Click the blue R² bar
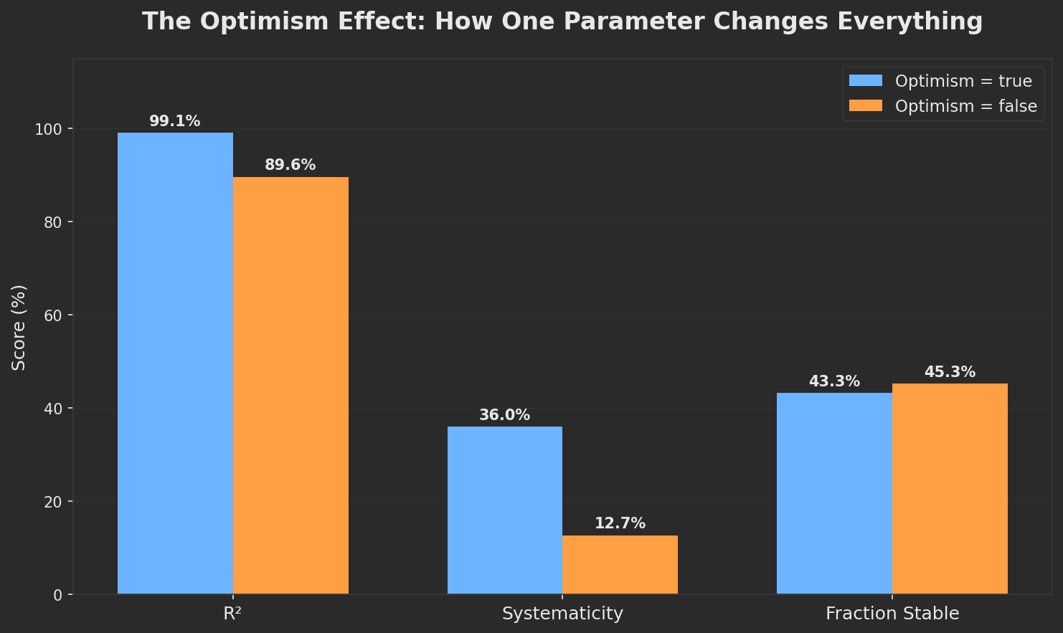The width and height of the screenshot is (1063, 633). pos(175,363)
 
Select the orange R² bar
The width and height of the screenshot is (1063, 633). pos(290,385)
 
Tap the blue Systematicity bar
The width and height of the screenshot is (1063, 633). pos(505,510)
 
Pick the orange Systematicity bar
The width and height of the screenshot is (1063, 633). pos(620,564)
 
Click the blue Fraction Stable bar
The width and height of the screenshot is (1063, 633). pos(834,493)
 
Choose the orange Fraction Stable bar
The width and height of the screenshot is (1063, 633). pos(950,488)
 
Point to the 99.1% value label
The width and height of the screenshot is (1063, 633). pos(174,121)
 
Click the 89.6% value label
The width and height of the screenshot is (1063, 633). pos(290,165)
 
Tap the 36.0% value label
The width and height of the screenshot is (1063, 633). pos(504,415)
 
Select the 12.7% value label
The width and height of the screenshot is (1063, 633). pos(620,523)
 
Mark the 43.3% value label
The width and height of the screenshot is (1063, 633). pos(834,381)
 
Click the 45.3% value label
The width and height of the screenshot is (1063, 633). pos(950,372)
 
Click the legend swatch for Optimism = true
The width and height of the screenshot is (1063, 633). pos(866,81)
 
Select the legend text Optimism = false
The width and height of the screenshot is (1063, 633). pos(965,106)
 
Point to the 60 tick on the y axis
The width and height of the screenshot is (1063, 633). pos(53,315)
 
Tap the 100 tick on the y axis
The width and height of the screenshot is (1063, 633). pos(49,129)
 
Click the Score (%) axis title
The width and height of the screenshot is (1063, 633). pos(19,327)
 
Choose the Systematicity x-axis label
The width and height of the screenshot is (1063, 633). pos(562,614)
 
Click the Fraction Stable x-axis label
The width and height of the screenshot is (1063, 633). pos(892,614)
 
